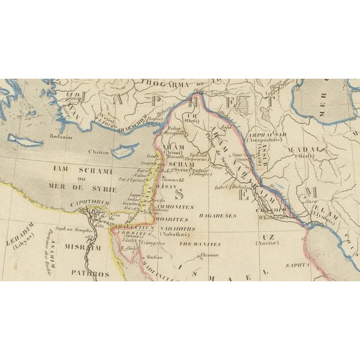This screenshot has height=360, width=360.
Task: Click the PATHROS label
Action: pyautogui.click(x=89, y=274)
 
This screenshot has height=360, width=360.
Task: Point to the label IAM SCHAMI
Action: pyautogui.click(x=89, y=170)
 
